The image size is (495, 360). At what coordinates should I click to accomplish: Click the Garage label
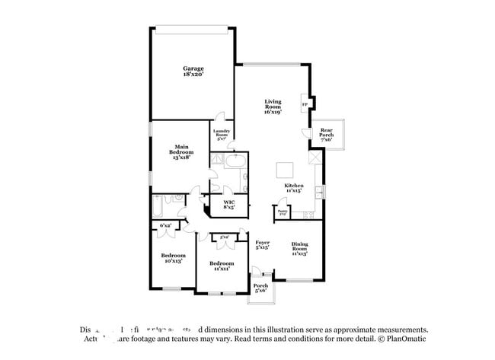tap(193, 72)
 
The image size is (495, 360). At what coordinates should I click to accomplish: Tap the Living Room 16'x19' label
tap(273, 107)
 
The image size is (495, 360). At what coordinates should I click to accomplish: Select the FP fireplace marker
tap(305, 104)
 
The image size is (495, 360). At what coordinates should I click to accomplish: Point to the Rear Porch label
tap(326, 134)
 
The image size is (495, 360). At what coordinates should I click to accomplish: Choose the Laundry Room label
tap(222, 135)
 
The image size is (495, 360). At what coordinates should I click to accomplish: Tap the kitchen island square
tap(285, 169)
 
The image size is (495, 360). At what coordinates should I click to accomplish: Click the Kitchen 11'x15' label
tap(294, 188)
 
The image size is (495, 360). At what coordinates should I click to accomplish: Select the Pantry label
tap(282, 212)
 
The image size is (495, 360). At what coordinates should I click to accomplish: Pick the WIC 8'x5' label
tap(228, 204)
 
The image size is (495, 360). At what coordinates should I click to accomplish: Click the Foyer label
tap(262, 244)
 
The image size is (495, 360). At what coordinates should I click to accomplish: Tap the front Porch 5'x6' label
tap(260, 288)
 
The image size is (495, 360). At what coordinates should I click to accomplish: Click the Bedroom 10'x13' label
tap(173, 258)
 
